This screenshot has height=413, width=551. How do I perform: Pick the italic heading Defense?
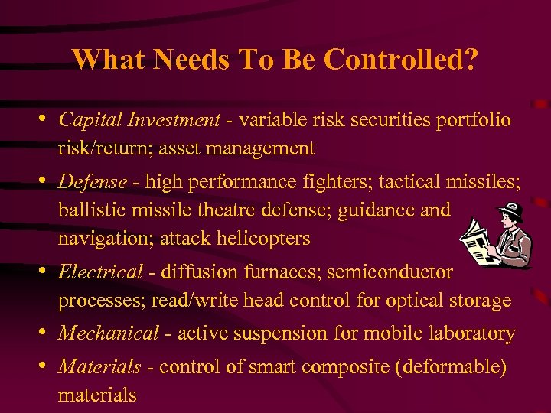coord(93,182)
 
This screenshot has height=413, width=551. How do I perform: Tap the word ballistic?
coord(88,210)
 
